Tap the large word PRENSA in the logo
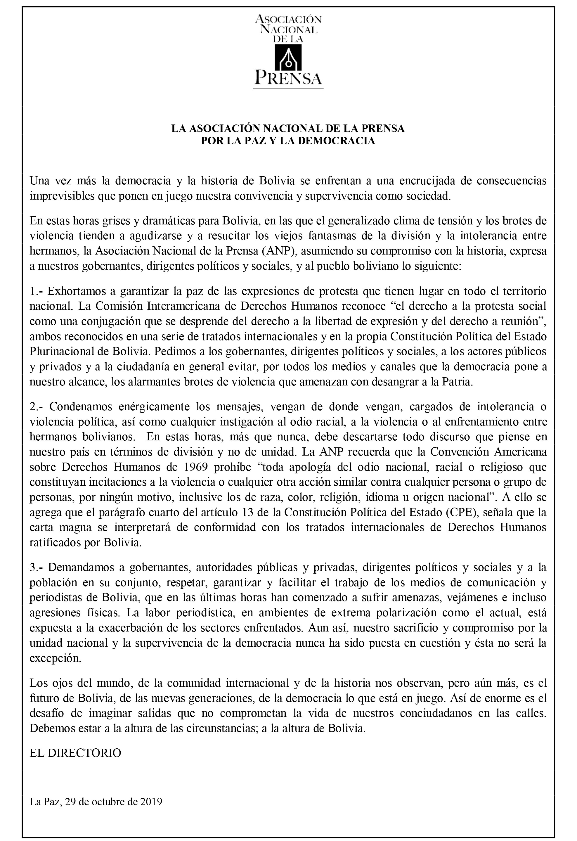click(x=288, y=77)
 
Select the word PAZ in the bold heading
click(x=255, y=141)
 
